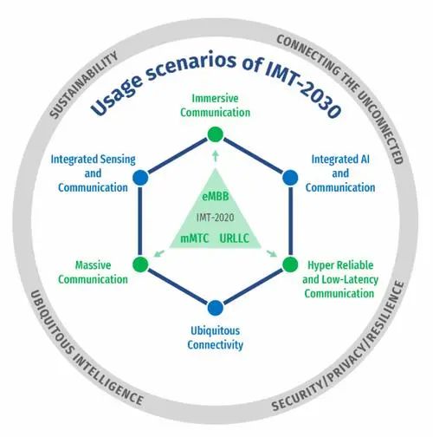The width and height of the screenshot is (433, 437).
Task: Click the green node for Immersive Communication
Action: coord(216,134)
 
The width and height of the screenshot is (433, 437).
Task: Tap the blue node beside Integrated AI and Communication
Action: coord(290,178)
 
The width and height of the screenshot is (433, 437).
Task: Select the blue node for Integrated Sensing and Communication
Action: coord(140,178)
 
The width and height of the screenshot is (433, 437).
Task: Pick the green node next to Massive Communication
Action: coord(140,264)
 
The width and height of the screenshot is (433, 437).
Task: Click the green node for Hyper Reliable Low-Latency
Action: coord(290,264)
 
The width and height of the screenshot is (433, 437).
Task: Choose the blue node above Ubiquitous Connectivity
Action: coord(216,308)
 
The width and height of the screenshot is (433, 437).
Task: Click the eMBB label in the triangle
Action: coord(216,197)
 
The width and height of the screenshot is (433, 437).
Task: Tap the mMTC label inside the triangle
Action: coord(195,238)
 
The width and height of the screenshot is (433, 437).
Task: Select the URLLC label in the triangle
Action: coord(235,238)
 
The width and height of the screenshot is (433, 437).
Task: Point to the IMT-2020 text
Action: coord(216,218)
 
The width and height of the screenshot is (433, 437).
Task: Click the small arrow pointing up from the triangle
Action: coord(216,156)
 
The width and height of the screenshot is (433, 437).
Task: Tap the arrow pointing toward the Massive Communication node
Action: coord(159,253)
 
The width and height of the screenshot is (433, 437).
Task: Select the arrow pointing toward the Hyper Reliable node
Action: coord(272,253)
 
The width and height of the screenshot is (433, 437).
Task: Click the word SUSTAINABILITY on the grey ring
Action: coord(84,84)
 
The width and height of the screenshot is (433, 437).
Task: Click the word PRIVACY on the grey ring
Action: coord(346,365)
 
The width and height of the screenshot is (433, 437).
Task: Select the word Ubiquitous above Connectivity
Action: coord(216,330)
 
